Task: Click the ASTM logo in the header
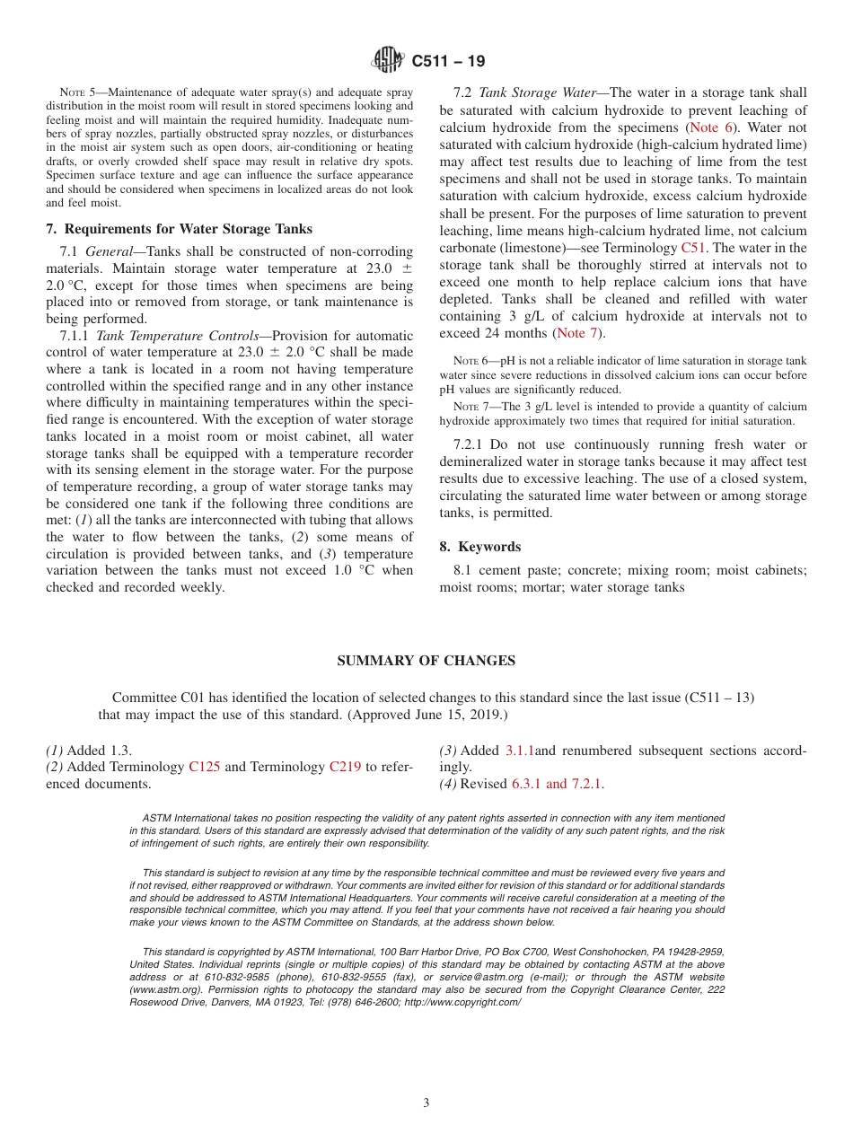tap(389, 61)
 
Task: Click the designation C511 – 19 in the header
tap(449, 61)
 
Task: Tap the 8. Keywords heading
tap(479, 547)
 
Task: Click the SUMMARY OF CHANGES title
tap(426, 661)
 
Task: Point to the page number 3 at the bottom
tap(426, 1103)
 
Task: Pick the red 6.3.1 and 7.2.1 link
tap(557, 784)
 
